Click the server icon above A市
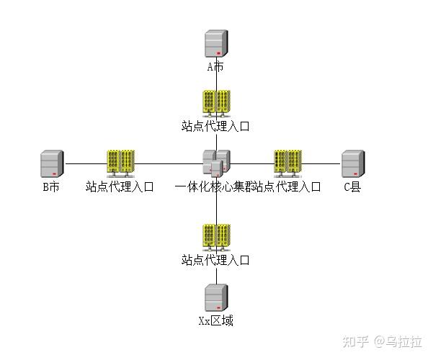216,43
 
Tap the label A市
216,67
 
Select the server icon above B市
51,163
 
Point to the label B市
50,187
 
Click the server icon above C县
352,163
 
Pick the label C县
352,187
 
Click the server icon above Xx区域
216,297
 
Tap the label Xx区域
216,320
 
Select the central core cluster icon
216,163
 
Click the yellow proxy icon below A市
216,103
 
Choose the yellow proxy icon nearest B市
120,163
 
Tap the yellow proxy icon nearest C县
287,163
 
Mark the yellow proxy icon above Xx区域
216,238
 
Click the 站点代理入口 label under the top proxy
215,127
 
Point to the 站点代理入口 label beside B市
120,187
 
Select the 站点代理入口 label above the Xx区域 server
215,261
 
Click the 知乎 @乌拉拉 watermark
382,341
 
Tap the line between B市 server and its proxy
85,163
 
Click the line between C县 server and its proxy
323,163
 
